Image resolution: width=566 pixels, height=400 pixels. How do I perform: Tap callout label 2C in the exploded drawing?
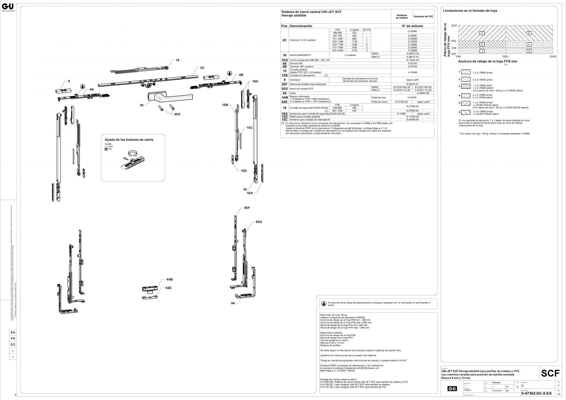pyautogui.click(x=202, y=68)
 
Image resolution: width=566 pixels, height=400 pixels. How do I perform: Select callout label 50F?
pyautogui.click(x=247, y=208)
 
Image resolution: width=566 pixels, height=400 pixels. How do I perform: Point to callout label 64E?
pyautogui.click(x=169, y=288)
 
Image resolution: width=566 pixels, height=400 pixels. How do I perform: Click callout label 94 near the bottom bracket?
pyautogui.click(x=233, y=303)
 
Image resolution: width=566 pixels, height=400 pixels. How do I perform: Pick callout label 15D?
pyautogui.click(x=243, y=171)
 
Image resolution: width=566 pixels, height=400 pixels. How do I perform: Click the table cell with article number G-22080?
pyautogui.click(x=412, y=31)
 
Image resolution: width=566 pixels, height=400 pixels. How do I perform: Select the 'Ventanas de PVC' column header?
pyautogui.click(x=423, y=17)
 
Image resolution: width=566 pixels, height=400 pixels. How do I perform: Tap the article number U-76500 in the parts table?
pyautogui.click(x=412, y=72)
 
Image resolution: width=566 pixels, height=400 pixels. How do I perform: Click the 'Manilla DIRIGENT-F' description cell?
pyautogui.click(x=300, y=55)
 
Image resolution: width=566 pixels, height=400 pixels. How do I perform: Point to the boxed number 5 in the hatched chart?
pyautogui.click(x=482, y=33)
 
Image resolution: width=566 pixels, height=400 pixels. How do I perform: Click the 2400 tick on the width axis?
pyautogui.click(x=553, y=56)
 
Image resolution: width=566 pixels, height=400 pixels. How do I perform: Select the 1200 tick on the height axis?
pyautogui.click(x=454, y=26)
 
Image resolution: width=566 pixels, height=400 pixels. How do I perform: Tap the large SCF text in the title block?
pyautogui.click(x=550, y=373)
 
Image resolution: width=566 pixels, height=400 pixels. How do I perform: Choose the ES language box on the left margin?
pyautogui.click(x=13, y=345)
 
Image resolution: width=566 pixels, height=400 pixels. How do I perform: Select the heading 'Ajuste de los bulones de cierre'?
pyautogui.click(x=129, y=140)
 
